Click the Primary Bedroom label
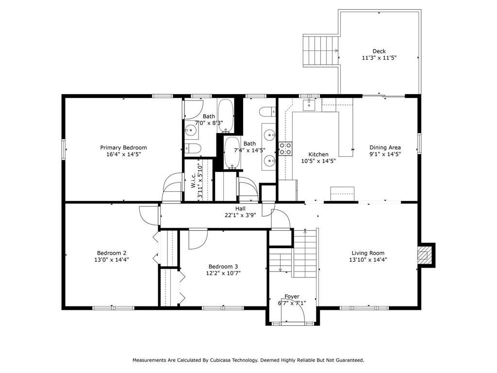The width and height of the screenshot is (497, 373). click(123, 148)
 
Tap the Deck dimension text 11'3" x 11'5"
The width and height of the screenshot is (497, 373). click(379, 58)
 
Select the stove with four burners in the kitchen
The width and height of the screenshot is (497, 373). click(285, 149)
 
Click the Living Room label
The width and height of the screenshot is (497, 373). click(368, 253)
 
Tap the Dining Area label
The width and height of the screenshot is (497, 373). click(385, 148)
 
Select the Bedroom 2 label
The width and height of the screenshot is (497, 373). click(112, 253)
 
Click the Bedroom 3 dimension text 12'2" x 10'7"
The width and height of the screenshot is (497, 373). click(223, 273)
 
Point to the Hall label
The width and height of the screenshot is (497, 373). click(240, 209)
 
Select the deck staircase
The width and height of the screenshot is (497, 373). click(320, 51)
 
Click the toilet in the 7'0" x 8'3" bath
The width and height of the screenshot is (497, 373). click(193, 149)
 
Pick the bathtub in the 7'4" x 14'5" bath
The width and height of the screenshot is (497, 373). click(232, 153)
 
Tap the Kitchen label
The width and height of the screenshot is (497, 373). click(318, 154)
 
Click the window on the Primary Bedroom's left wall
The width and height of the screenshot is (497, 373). click(64, 149)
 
